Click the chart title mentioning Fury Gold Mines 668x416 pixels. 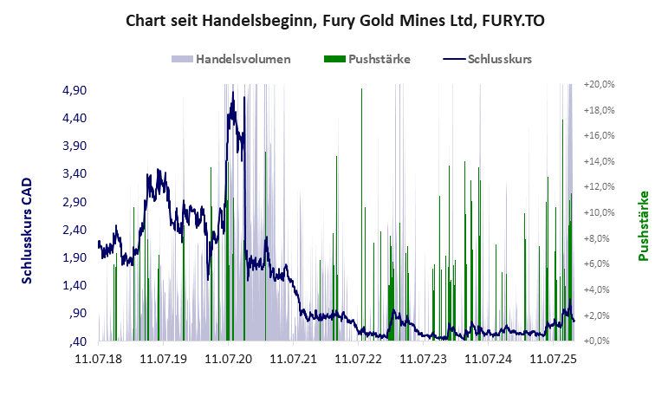334,20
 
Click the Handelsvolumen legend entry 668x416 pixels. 243,60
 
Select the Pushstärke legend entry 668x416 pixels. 379,60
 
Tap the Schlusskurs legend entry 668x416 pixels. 498,60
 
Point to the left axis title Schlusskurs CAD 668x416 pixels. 27,231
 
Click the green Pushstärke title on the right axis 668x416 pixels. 643,225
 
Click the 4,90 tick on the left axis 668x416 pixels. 74,90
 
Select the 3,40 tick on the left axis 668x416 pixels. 74,173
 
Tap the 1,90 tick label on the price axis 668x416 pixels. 74,257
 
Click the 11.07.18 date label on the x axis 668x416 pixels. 97,357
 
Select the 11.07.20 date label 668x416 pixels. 227,357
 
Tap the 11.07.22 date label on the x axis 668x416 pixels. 357,357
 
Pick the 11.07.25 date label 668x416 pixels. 552,357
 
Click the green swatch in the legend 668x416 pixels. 334,60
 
